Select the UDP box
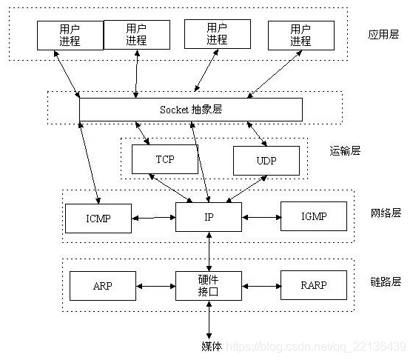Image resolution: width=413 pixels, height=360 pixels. [x=266, y=160]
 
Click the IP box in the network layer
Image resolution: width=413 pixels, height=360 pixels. [x=209, y=217]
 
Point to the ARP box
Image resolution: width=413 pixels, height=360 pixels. [x=102, y=284]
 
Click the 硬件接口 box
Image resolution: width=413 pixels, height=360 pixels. [x=209, y=284]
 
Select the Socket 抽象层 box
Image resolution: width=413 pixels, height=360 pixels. [x=190, y=109]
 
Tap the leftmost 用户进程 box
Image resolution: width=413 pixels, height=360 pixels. [x=69, y=35]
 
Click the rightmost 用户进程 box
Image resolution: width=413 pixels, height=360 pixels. [x=300, y=35]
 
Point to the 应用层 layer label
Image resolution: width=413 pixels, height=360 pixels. [x=383, y=35]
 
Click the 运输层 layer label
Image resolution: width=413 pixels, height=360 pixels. [x=345, y=150]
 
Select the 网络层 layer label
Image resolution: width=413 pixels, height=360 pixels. [x=385, y=213]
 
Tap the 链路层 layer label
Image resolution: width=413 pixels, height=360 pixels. [x=385, y=281]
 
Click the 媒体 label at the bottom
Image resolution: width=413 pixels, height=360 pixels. [x=211, y=346]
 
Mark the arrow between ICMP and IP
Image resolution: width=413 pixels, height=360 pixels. [x=153, y=218]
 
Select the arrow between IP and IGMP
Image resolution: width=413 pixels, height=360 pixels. [x=261, y=218]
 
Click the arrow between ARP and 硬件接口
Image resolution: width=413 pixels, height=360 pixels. [x=155, y=284]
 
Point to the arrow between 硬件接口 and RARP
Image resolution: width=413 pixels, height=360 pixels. [x=261, y=284]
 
